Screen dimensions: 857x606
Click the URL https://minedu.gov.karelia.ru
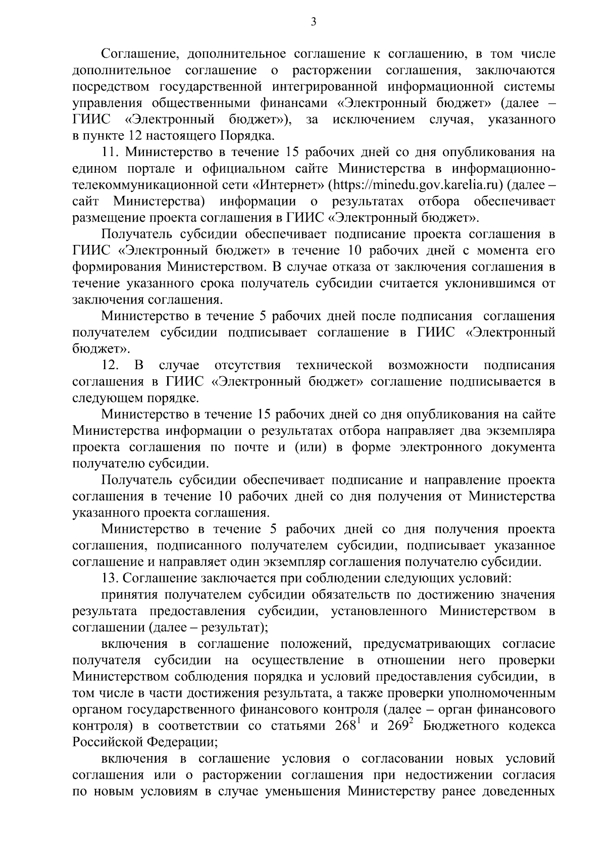coord(415,185)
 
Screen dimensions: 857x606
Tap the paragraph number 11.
coord(110,152)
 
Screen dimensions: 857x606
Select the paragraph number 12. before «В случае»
coord(110,365)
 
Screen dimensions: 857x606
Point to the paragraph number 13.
coord(110,578)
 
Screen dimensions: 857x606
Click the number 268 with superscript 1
coord(347,726)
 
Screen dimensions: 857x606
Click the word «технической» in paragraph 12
coord(334,365)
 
